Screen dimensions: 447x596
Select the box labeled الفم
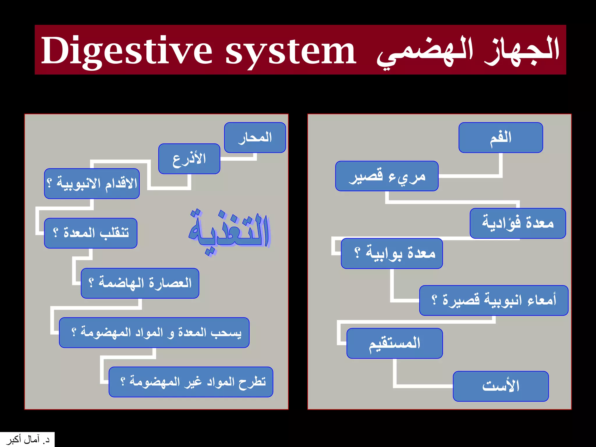pyautogui.click(x=501, y=137)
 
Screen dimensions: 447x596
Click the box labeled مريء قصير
pyautogui.click(x=387, y=176)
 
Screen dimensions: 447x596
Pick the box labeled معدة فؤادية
pyautogui.click(x=518, y=223)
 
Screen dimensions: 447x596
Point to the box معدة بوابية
pyautogui.click(x=392, y=253)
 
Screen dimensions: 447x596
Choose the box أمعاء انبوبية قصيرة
pyautogui.click(x=494, y=300)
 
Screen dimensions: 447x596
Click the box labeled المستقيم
pyautogui.click(x=394, y=343)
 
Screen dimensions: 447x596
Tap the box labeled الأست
pyautogui.click(x=501, y=386)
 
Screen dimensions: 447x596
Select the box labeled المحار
pyautogui.click(x=255, y=137)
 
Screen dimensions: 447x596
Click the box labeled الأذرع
pyautogui.click(x=189, y=159)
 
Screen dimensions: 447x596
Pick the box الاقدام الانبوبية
pyautogui.click(x=92, y=184)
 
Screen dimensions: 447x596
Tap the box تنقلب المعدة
pyautogui.click(x=91, y=233)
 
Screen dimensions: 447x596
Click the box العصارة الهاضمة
pyautogui.click(x=140, y=283)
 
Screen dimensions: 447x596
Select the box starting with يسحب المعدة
pyautogui.click(x=154, y=332)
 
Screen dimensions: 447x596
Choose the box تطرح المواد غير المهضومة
pyautogui.click(x=191, y=382)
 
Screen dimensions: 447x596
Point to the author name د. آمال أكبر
pyautogui.click(x=27, y=440)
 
